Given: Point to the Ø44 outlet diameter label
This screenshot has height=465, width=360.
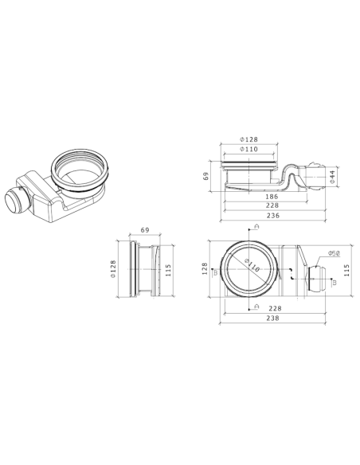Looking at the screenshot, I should pyautogui.click(x=333, y=175).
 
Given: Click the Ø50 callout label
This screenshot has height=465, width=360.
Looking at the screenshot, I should pyautogui.click(x=335, y=254).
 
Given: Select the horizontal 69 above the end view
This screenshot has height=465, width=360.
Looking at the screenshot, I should pyautogui.click(x=145, y=231).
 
